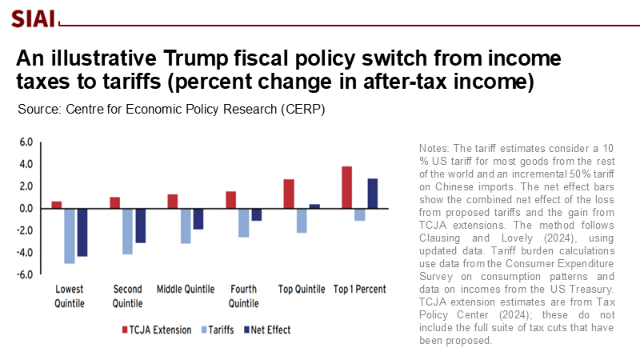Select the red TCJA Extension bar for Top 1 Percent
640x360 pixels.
pos(346,187)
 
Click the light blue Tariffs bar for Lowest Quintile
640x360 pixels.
pos(70,235)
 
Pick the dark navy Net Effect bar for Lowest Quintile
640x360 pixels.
pos(82,232)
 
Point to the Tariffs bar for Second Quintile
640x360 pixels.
pos(127,231)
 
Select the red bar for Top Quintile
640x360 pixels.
pos(289,194)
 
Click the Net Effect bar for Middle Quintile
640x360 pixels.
pos(198,218)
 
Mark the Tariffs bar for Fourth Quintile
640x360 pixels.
pos(243,222)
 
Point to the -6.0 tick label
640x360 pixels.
pos(24,275)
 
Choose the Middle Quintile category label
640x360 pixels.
pos(186,290)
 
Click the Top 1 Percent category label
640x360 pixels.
pos(360,290)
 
